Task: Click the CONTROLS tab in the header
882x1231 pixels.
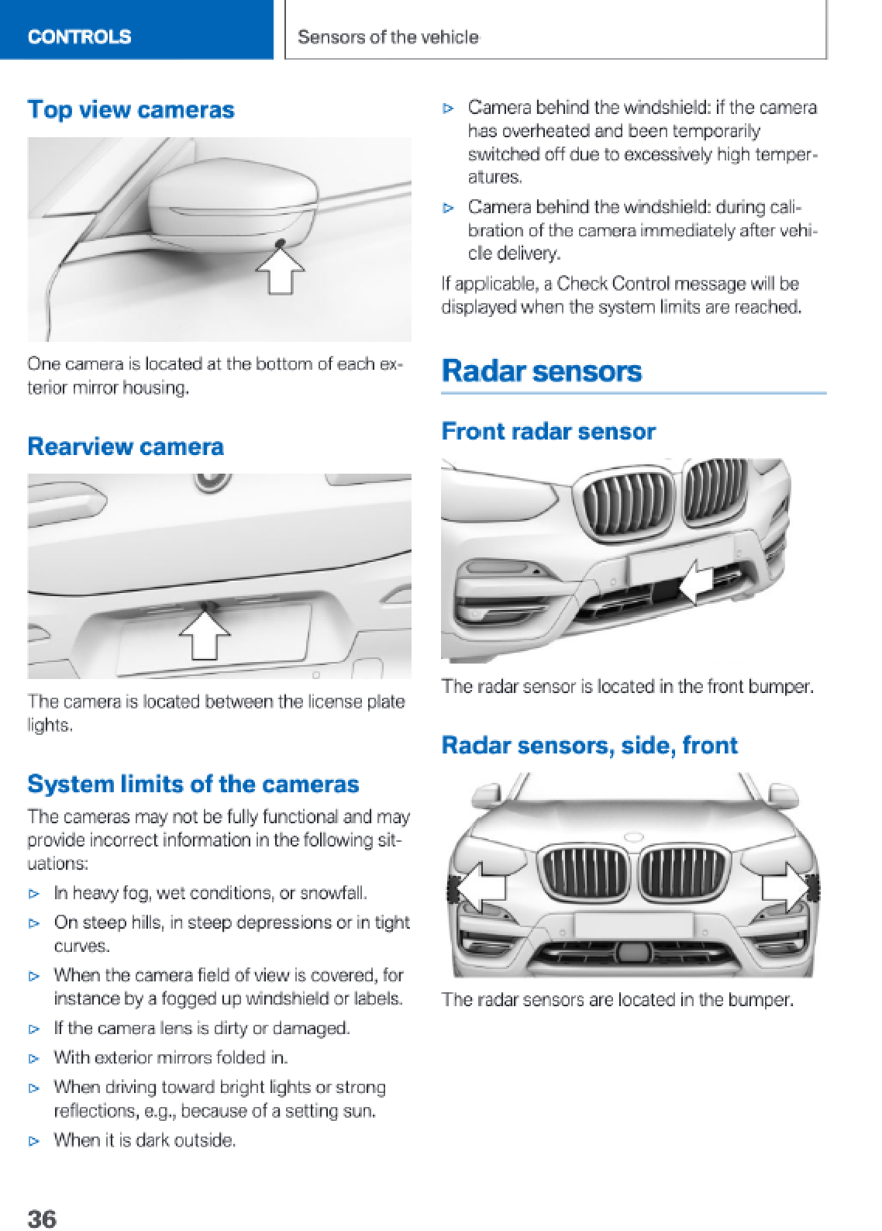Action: (x=79, y=36)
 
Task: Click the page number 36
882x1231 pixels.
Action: (x=42, y=1218)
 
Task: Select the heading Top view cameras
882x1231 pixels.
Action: (x=131, y=110)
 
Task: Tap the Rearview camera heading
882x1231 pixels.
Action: (x=126, y=447)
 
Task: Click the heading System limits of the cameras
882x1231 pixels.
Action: (x=193, y=784)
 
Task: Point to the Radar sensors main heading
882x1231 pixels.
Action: (x=542, y=371)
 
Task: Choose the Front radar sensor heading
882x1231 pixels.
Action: (x=548, y=431)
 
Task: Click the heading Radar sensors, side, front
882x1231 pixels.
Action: (x=589, y=745)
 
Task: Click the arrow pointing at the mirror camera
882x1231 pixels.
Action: (x=281, y=271)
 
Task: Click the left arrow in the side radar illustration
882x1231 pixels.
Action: (x=479, y=886)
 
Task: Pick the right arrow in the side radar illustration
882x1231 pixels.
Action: (x=785, y=886)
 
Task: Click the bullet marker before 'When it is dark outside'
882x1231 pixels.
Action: (x=34, y=1141)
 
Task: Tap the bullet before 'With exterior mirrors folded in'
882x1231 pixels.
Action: (x=34, y=1058)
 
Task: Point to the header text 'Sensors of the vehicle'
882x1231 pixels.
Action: (x=388, y=37)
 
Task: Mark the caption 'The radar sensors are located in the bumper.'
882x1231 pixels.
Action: (x=618, y=1000)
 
